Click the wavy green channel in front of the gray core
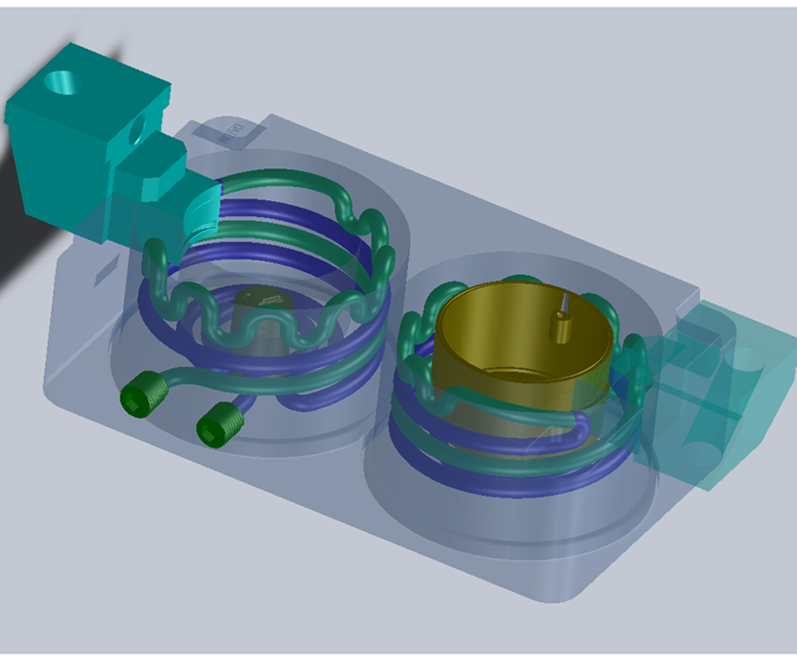click(260, 335)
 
